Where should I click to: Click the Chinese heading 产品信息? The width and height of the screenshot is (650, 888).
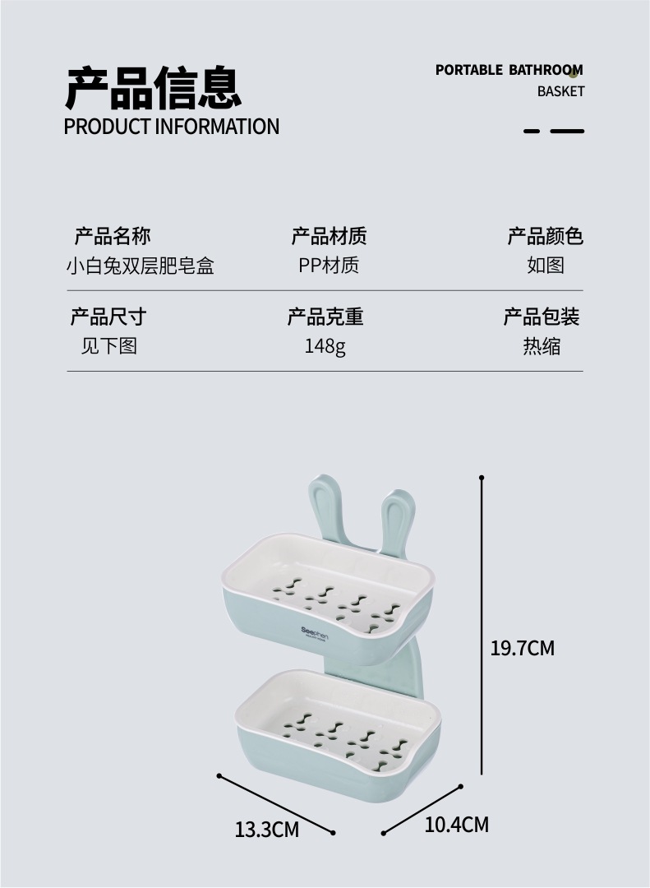tap(153, 89)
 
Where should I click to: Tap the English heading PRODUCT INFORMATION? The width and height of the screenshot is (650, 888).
tap(172, 127)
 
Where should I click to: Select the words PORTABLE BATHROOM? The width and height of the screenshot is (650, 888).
tap(509, 70)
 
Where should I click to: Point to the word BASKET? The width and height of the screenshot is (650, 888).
tap(560, 91)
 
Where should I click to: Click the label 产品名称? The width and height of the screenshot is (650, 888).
tap(113, 237)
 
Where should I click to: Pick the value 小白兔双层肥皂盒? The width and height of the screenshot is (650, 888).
tap(140, 266)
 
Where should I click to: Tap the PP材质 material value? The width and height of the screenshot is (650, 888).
tap(329, 266)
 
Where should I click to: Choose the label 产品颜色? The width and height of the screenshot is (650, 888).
tap(545, 237)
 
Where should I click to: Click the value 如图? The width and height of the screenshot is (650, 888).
tap(546, 266)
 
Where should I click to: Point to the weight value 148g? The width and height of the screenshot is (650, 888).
tap(325, 346)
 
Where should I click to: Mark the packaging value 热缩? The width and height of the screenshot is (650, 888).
tap(542, 346)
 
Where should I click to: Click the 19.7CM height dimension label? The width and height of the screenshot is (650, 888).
tap(523, 648)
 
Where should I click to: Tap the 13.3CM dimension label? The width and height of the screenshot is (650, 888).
tap(267, 830)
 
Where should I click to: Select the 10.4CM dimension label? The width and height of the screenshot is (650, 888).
tap(456, 824)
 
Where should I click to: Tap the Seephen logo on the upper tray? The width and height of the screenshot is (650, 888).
tap(314, 632)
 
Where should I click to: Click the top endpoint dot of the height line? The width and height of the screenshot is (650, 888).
tap(482, 477)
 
